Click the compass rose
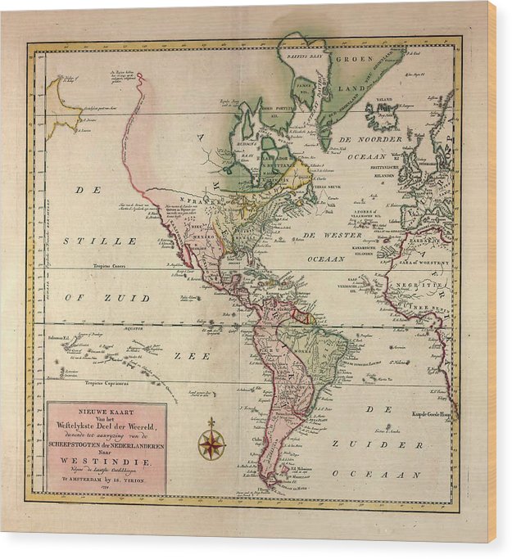click(x=211, y=444)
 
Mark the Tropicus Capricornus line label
click(x=106, y=384)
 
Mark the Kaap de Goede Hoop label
click(x=433, y=413)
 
